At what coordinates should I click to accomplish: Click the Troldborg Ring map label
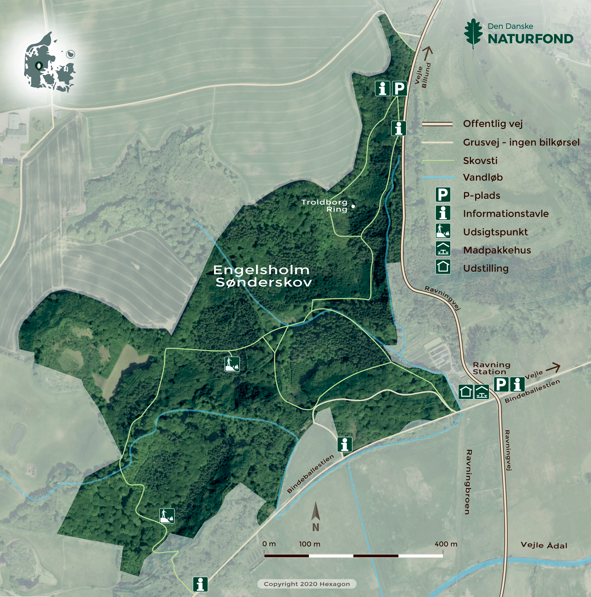pos(324,205)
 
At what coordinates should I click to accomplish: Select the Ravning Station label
pos(491,368)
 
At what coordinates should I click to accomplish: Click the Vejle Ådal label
pos(544,545)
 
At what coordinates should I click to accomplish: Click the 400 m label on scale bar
pos(446,544)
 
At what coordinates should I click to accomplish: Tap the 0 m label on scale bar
pos(269,544)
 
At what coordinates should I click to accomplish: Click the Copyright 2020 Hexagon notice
pos(307,584)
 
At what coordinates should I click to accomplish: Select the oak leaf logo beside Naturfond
pos(473,33)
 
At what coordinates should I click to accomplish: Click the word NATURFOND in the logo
pos(530,39)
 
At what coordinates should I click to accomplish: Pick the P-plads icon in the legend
pos(443,195)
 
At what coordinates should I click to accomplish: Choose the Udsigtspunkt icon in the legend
pos(443,231)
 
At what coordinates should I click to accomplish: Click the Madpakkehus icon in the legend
pos(443,249)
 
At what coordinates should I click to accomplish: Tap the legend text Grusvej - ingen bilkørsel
pos(521,142)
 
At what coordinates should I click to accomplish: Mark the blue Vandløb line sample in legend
pos(437,178)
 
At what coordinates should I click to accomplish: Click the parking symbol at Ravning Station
pos(501,384)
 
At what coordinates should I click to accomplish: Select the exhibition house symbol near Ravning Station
pos(466,392)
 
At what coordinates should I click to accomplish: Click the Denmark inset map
pos(49,63)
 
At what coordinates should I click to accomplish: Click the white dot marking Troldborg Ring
pos(353,206)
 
